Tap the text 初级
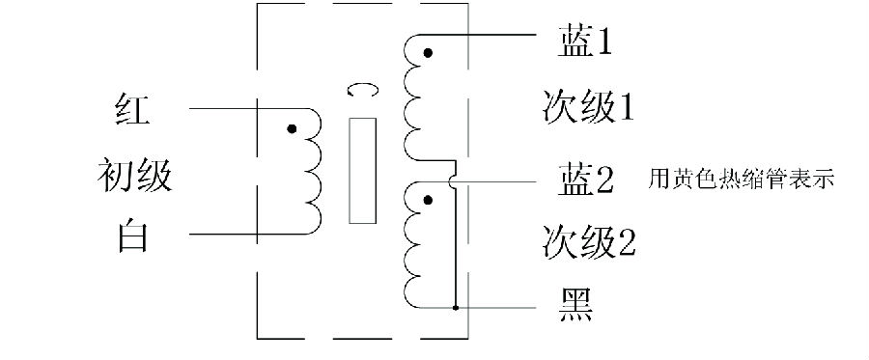tap(133, 177)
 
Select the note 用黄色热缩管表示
tap(742, 180)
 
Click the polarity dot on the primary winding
tap(291, 128)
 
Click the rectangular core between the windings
tap(361, 171)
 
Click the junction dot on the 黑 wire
tap(455, 308)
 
